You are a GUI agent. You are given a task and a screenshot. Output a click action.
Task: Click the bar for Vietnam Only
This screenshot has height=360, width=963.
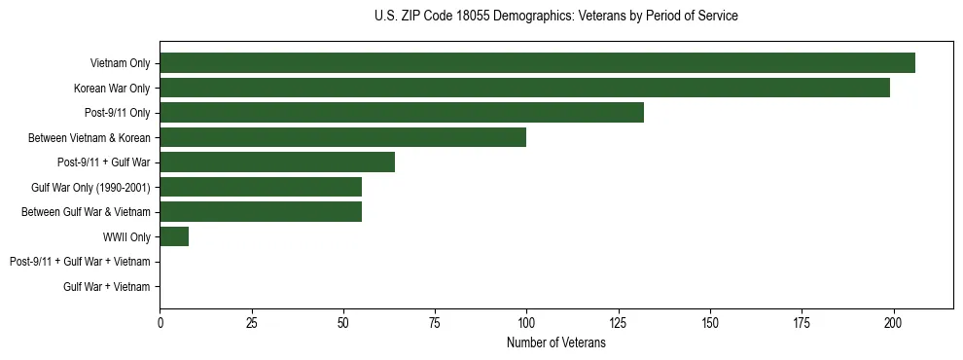537,63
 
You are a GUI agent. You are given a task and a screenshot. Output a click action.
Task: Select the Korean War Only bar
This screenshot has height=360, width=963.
524,88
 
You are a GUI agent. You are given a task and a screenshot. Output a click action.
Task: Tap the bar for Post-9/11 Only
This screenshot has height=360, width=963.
402,113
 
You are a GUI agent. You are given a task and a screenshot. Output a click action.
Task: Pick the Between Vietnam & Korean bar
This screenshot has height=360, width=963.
342,137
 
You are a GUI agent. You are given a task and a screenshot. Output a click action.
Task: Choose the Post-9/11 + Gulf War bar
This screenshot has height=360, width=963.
277,162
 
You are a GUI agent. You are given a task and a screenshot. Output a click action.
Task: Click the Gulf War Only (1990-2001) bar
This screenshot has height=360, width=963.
261,187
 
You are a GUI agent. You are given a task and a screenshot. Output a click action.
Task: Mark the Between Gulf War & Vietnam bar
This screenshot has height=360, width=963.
261,212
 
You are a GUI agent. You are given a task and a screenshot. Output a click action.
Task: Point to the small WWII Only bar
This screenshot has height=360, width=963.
174,236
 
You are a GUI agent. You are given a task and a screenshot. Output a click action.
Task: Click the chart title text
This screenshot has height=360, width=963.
556,17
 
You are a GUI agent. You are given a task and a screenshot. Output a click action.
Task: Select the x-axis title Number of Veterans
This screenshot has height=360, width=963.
556,343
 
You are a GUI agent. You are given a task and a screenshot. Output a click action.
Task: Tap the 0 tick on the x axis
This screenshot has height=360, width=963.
160,322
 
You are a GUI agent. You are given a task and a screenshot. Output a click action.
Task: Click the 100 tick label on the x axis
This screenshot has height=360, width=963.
526,322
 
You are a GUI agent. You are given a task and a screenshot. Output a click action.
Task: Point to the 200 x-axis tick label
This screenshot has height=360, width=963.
893,322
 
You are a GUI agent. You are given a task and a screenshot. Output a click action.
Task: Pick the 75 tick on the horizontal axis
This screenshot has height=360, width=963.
435,322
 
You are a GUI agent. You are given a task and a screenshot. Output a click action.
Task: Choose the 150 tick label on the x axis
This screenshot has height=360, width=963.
710,322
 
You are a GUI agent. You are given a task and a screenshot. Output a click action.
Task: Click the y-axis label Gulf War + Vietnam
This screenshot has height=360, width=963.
107,287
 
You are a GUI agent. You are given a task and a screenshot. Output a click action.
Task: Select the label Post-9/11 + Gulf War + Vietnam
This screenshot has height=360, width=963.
80,262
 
